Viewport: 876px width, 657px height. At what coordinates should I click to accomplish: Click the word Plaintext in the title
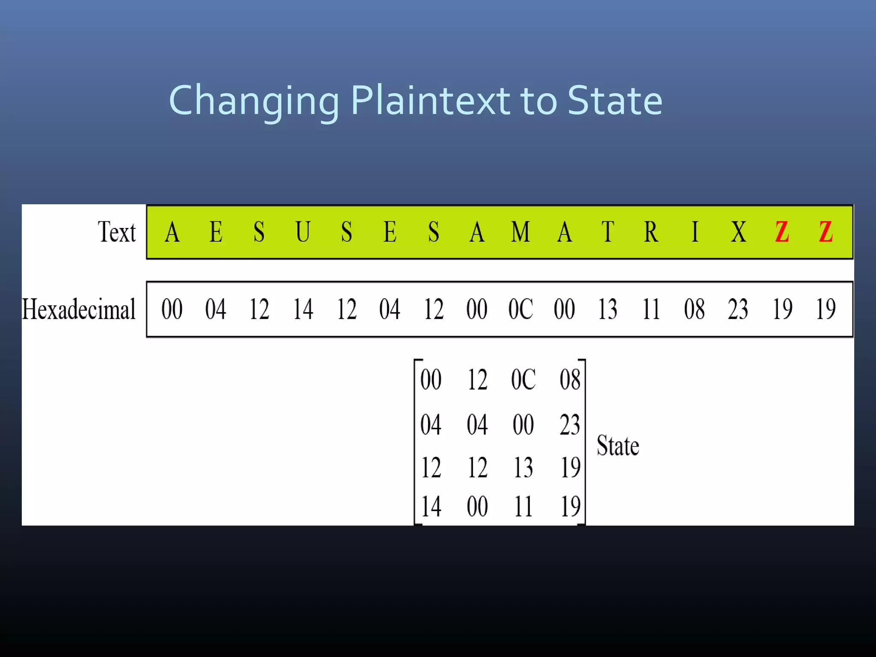point(430,101)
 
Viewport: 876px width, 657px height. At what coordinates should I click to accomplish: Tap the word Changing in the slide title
point(254,102)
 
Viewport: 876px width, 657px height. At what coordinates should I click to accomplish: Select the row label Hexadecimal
point(79,309)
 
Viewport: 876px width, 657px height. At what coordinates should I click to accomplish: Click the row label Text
point(117,232)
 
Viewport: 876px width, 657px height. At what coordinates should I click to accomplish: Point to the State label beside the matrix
point(618,446)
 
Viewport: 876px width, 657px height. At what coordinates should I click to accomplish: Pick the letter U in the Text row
point(303,232)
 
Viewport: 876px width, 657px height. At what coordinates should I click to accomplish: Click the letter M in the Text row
point(521,232)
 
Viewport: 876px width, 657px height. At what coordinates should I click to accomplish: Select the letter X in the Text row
point(739,232)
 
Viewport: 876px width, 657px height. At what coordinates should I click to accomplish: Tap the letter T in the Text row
point(607,232)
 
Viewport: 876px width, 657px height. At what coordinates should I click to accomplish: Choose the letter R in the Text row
point(651,232)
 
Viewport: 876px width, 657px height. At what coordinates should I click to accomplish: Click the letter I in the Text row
point(695,232)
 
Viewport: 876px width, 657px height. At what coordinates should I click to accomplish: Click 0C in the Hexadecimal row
point(521,309)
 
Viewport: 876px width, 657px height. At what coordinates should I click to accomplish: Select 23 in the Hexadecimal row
point(738,309)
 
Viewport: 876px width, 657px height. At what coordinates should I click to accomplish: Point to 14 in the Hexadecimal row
point(303,309)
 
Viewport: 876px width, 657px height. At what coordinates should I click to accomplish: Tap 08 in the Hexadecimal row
point(694,309)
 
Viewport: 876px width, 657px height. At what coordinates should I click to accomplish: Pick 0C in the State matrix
point(523,379)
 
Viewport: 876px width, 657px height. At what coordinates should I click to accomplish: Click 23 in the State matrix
point(570,425)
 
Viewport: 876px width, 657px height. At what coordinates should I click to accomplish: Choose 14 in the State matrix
point(431,507)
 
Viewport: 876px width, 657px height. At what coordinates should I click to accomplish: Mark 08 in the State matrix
point(570,379)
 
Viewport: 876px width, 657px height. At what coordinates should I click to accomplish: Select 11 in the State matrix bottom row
point(523,507)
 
